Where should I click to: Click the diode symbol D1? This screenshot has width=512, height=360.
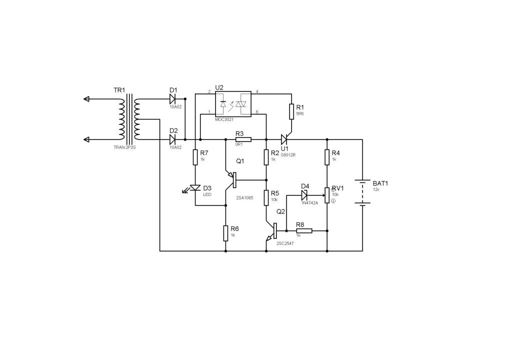point(172,98)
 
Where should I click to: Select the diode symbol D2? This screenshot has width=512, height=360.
point(172,139)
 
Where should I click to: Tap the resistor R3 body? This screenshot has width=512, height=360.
point(243,139)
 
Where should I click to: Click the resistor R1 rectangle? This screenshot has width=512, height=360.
point(291,111)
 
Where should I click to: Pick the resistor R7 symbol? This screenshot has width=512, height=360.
point(195,157)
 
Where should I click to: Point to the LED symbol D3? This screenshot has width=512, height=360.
point(195,188)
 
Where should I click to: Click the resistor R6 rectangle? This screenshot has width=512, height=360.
point(225,233)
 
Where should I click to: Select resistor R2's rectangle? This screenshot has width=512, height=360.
point(266,157)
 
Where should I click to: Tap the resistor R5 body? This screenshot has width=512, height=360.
point(266,197)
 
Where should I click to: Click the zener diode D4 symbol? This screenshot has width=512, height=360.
point(304,195)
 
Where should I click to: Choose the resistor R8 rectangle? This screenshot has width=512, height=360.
point(304,230)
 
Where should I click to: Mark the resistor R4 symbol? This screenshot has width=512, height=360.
point(327,157)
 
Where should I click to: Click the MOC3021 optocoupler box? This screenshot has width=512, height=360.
point(233,104)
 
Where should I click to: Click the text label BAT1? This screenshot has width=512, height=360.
point(380,183)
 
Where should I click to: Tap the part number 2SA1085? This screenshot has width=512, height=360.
point(244,197)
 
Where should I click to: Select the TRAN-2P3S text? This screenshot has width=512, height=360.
point(124,147)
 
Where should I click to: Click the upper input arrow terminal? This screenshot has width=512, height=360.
point(86,98)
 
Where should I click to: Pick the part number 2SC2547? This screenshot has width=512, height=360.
point(285,243)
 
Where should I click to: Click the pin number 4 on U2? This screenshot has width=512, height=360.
point(257,91)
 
